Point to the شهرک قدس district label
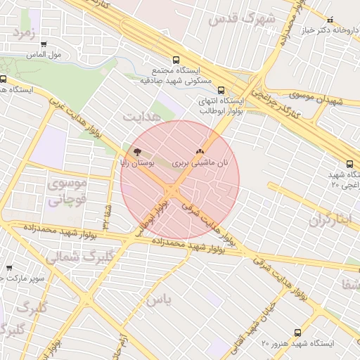pyautogui.click(x=241, y=19)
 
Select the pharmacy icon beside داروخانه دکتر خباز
pyautogui.click(x=350, y=20)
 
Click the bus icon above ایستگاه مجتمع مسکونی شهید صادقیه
pyautogui.click(x=175, y=60)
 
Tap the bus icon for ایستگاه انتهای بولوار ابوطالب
pyautogui.click(x=221, y=90)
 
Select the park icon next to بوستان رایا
pyautogui.click(x=136, y=151)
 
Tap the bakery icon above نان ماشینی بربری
pyautogui.click(x=200, y=150)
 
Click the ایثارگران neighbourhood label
pyautogui.click(x=329, y=220)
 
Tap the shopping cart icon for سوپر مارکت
pyautogui.click(x=9, y=268)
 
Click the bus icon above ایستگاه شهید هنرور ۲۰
pyautogui.click(x=296, y=332)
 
